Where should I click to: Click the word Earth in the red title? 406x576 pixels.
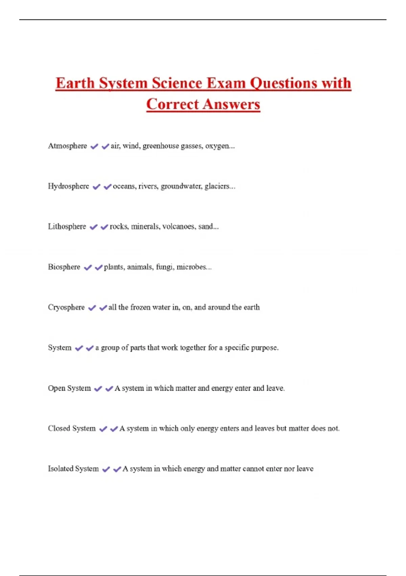[75, 83]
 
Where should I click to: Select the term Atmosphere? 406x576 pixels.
[67, 146]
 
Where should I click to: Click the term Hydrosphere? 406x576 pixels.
[68, 186]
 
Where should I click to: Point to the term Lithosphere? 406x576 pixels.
[67, 227]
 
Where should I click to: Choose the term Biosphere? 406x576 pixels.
[64, 267]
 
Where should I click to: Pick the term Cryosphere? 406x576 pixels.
[66, 307]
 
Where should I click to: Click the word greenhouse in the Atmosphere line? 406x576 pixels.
[161, 146]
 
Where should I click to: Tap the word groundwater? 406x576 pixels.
[181, 186]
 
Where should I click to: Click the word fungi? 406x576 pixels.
[164, 267]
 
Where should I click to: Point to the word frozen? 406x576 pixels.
[140, 307]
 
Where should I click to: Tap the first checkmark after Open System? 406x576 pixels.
[98, 389]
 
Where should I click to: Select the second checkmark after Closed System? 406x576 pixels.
[114, 429]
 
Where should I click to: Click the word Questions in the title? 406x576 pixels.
[284, 83]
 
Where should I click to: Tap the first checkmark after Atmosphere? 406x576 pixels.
[94, 146]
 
